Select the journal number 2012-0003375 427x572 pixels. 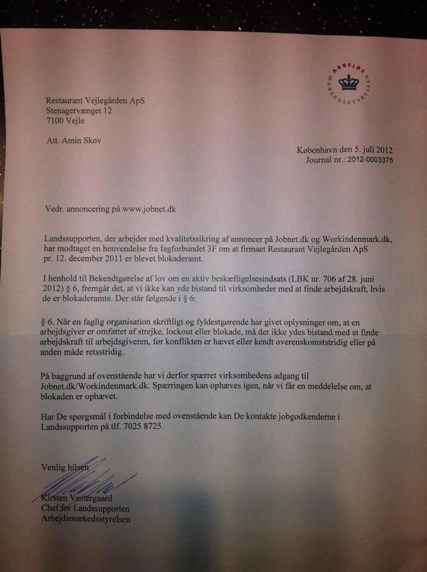coord(367,160)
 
